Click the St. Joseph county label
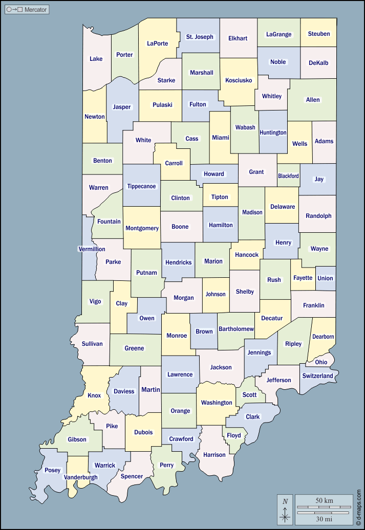(200, 37)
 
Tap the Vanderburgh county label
(80, 477)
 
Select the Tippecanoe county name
(141, 186)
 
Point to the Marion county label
(213, 261)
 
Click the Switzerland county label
(317, 376)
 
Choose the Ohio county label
(321, 362)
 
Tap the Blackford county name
(288, 176)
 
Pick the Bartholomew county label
(236, 329)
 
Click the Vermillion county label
(92, 249)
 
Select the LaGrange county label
(278, 34)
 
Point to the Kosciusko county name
(239, 80)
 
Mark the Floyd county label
(234, 435)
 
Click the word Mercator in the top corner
(35, 10)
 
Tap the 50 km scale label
(325, 499)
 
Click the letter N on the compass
(285, 501)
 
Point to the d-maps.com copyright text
(359, 506)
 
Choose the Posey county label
(52, 470)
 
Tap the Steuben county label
(319, 34)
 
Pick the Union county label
(325, 278)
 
